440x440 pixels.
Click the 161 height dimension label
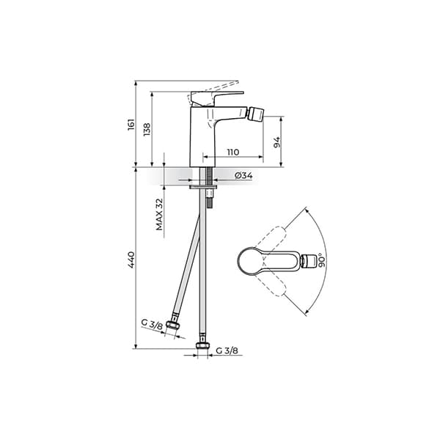[x=131, y=125]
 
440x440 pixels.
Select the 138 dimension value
[x=147, y=129]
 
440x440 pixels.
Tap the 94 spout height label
[x=276, y=142]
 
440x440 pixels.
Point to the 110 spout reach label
[x=233, y=153]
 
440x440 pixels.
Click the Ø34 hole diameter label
[x=243, y=176]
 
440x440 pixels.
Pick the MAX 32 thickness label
[x=159, y=214]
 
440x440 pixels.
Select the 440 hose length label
[x=131, y=260]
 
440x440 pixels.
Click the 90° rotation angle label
[x=322, y=260]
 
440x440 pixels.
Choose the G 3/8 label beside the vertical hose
[x=227, y=351]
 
